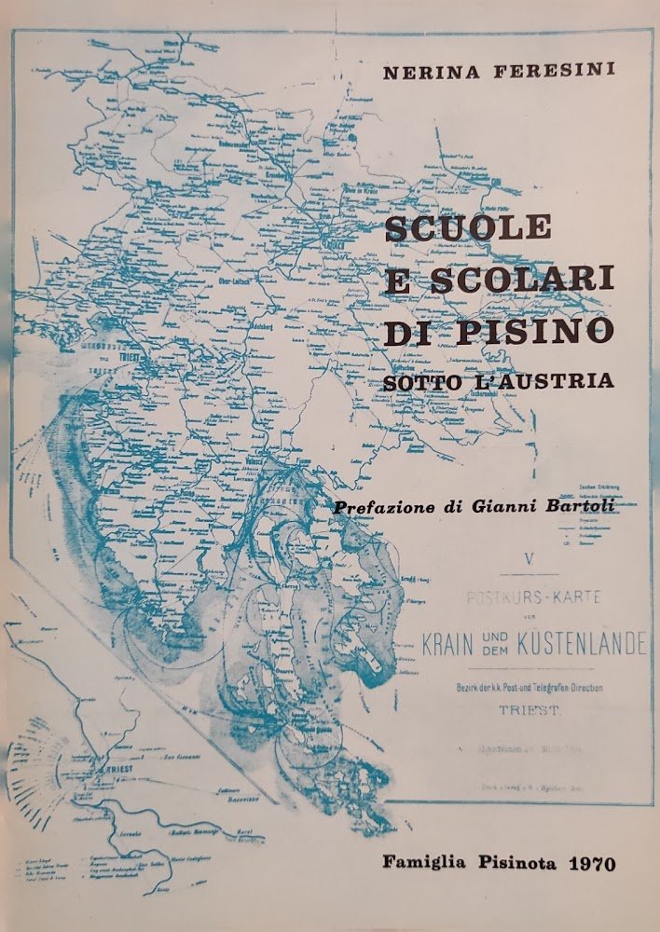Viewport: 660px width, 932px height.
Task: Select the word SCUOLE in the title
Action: (468, 227)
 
